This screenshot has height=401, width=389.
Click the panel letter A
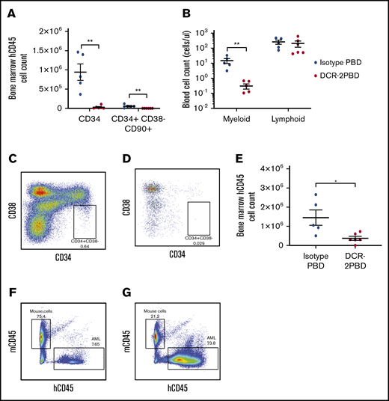(12, 12)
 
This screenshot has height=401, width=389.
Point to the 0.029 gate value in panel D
(197, 242)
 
